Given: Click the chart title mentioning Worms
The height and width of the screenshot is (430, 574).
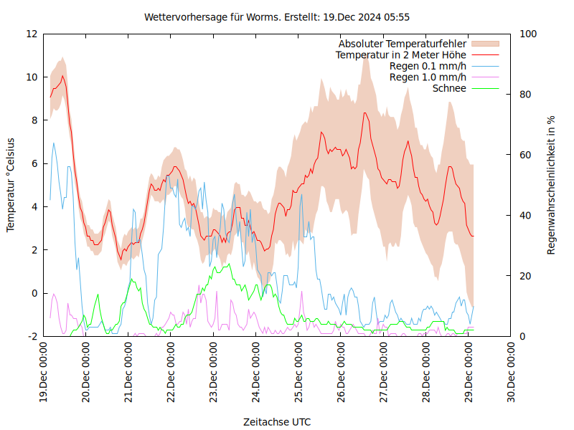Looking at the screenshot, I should click(277, 16).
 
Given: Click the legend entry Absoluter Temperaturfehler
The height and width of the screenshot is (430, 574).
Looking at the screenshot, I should click(403, 44).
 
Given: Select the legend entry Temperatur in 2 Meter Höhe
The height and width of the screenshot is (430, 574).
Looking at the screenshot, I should click(401, 54).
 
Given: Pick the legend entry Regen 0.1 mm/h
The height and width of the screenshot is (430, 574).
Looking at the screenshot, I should click(428, 66).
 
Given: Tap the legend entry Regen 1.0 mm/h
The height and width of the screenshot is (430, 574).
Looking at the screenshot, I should click(428, 77).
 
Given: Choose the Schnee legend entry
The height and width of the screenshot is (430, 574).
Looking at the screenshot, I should click(450, 88).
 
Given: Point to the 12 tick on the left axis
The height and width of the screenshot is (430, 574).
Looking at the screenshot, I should click(32, 34).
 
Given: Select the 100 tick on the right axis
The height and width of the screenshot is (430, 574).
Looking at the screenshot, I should click(528, 34).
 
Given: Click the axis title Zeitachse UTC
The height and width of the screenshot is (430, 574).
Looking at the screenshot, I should click(277, 421).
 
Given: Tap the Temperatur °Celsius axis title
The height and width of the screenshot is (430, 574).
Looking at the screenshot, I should click(11, 185).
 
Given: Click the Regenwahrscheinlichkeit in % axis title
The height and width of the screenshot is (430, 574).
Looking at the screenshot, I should click(552, 185).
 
